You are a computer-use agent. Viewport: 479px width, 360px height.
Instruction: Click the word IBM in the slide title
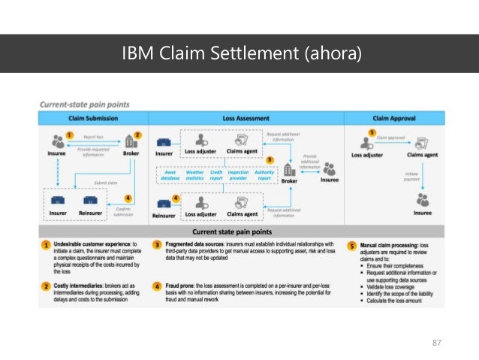point(140,54)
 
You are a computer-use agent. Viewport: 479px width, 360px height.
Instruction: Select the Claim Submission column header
point(95,119)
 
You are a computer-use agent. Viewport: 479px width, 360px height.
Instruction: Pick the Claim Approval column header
point(393,119)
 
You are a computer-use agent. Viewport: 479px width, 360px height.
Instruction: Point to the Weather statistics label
point(194,175)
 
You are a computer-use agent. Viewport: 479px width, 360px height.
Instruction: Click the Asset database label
point(170,175)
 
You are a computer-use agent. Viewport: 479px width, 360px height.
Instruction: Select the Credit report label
point(216,175)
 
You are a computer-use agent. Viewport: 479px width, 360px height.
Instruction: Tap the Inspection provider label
point(238,175)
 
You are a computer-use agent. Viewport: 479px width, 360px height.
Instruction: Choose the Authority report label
point(264,175)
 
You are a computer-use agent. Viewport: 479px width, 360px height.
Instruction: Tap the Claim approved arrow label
point(392,138)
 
